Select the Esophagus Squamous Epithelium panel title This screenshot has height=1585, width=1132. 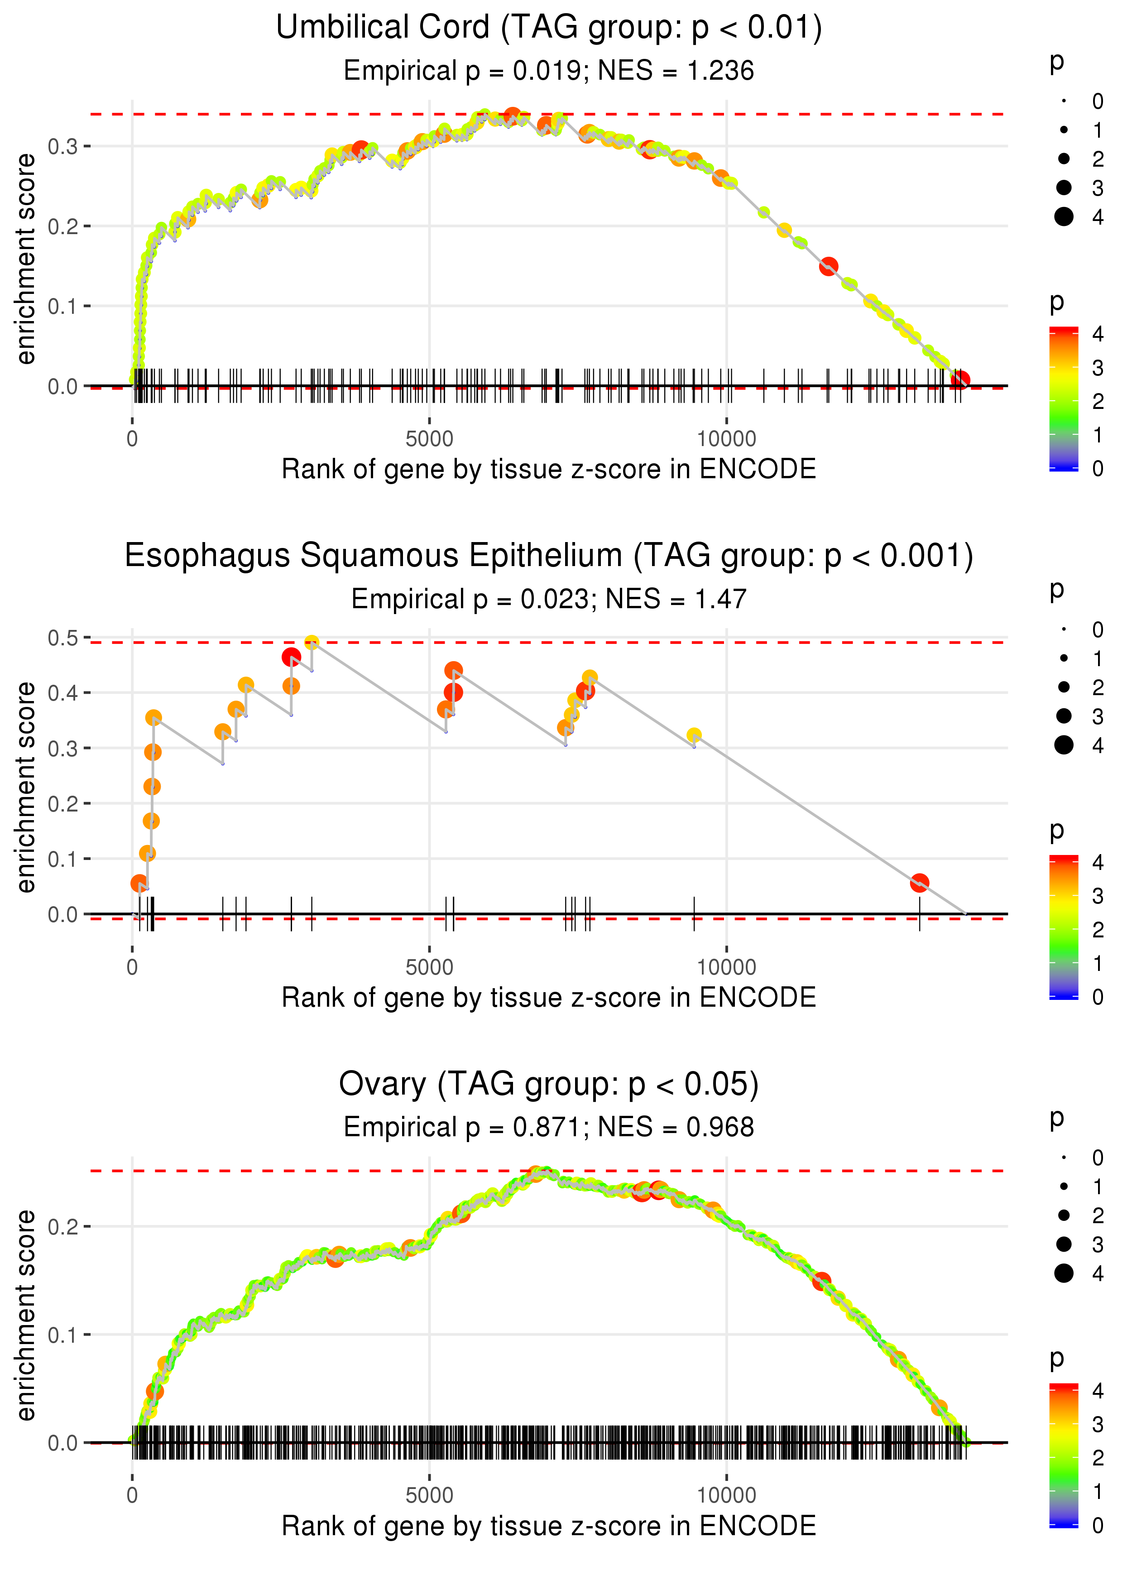tap(549, 556)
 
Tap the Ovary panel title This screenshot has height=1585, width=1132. tap(549, 1085)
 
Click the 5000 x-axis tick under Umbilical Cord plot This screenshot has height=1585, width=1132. tap(429, 439)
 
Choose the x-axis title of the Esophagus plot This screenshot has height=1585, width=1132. tap(549, 998)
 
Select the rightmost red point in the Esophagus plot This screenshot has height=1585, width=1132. tap(919, 883)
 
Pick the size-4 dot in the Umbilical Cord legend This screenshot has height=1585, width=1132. tap(1064, 217)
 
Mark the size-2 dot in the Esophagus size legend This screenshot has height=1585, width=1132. tap(1064, 687)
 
